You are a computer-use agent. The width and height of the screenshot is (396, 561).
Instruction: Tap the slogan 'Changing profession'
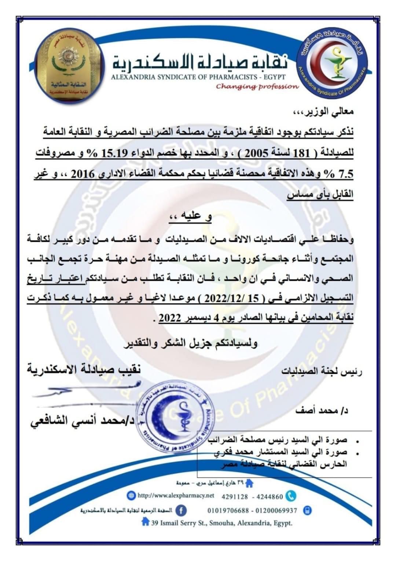[257, 87]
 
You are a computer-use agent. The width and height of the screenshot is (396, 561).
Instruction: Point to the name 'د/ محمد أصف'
[322, 411]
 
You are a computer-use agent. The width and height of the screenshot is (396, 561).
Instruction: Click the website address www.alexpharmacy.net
[176, 496]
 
